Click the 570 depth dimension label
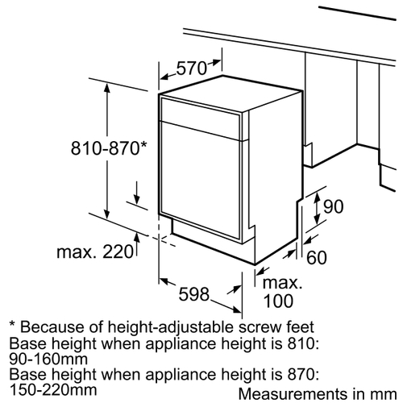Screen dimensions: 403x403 coord(192,68)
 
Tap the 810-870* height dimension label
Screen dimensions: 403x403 coord(109,148)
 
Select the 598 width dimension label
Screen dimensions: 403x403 coord(194,293)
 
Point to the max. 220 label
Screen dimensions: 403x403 coord(95,251)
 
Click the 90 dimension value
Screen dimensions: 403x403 coord(333,206)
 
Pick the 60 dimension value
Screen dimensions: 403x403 coord(317,257)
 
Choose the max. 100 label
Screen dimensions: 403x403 coord(282,292)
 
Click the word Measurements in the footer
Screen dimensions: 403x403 coord(293,394)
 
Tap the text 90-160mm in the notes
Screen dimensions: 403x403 coord(48,359)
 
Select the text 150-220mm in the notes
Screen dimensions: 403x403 coord(53,390)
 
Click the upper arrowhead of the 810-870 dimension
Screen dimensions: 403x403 coord(107,88)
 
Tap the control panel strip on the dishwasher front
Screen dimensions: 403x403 coord(201,118)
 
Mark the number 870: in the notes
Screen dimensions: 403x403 coord(303,374)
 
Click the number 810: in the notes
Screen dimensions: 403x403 coord(303,343)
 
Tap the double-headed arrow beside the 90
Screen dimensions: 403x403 coord(317,208)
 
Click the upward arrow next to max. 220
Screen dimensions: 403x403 coord(137,244)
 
